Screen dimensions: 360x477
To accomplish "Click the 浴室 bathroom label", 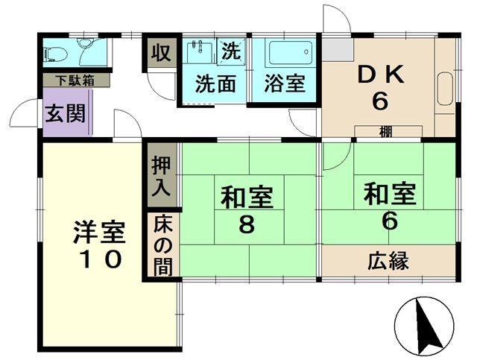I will (x=284, y=83).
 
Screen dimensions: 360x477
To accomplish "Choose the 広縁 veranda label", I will (x=388, y=261).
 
